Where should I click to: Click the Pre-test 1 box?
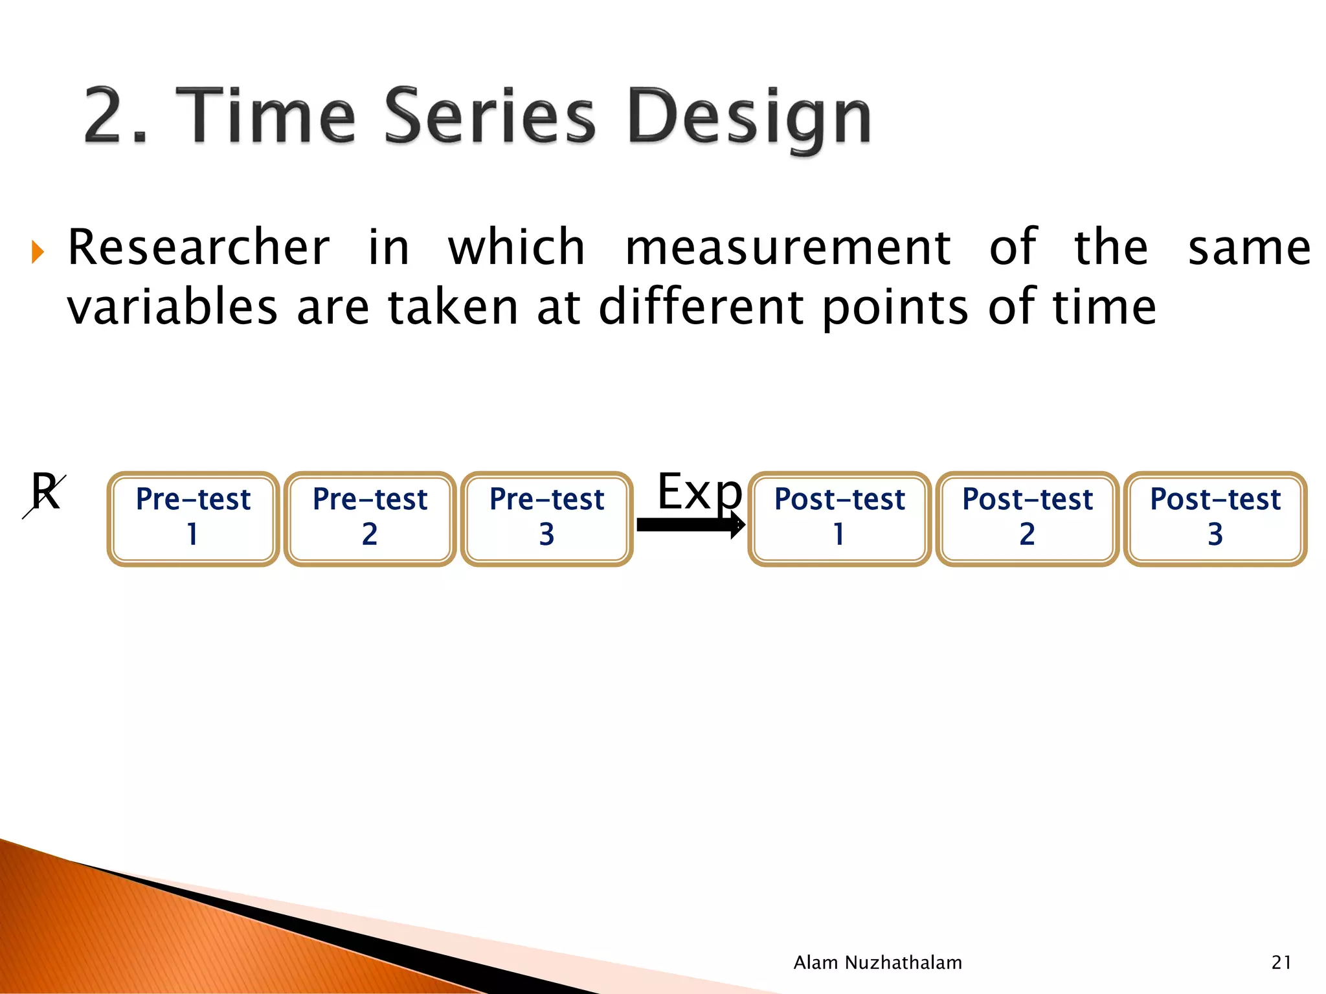(193, 518)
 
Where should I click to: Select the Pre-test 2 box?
(370, 518)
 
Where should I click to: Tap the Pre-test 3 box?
(546, 518)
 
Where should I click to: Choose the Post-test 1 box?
(839, 518)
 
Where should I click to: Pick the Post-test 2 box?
(1027, 518)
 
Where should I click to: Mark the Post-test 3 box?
(1215, 518)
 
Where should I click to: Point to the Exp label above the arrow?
(699, 492)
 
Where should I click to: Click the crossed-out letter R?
(45, 493)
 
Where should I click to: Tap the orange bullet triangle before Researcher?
(38, 252)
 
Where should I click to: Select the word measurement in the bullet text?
(787, 248)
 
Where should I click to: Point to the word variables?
(172, 307)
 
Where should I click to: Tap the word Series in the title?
(489, 116)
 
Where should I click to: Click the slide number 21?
(1281, 962)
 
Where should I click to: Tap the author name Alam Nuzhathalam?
(877, 962)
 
